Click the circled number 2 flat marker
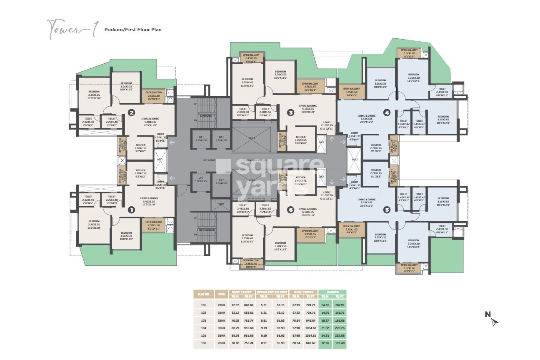click(x=131, y=112)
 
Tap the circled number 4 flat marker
click(x=387, y=112)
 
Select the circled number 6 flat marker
click(x=291, y=210)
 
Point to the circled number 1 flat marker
click(x=131, y=210)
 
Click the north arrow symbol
click(x=494, y=321)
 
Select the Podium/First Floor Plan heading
click(x=132, y=30)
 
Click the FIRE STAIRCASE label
click(x=207, y=230)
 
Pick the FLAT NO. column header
click(x=202, y=294)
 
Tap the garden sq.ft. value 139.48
click(x=340, y=343)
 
